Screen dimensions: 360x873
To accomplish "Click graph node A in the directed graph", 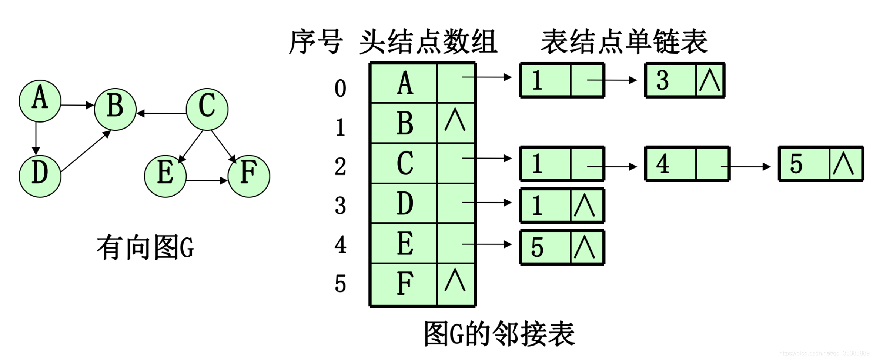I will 40,101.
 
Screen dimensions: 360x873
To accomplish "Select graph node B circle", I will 115,109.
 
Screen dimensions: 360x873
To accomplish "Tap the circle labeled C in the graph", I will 207,109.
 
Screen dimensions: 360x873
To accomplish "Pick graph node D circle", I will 40,176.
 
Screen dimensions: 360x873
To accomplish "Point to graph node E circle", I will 165,176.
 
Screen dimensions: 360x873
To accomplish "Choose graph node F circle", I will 249,176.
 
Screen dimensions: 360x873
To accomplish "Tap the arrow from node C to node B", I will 161,113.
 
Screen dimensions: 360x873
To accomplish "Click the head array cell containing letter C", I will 404,163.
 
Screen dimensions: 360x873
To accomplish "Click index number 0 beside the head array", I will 340,89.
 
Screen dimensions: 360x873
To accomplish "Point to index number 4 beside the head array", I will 340,245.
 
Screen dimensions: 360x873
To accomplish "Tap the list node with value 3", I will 684,80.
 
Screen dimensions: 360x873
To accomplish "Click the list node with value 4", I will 687,164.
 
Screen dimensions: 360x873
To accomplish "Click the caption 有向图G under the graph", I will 145,247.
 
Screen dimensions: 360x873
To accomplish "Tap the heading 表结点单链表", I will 624,41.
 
